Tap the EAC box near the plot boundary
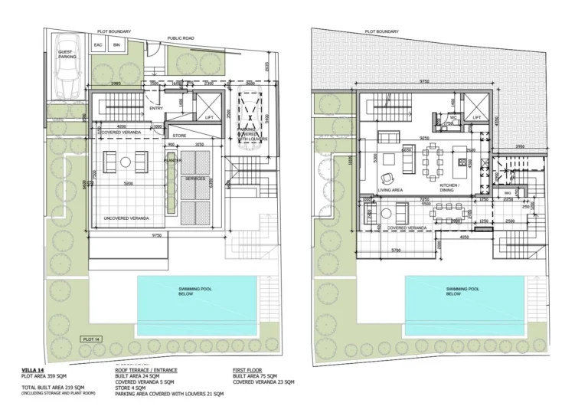98,46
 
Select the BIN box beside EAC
116,46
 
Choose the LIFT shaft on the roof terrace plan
204,106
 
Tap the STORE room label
179,136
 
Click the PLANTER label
171,162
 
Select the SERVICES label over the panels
195,179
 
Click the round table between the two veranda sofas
126,162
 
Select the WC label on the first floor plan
453,117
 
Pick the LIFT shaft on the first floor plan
477,108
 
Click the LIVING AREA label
390,188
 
